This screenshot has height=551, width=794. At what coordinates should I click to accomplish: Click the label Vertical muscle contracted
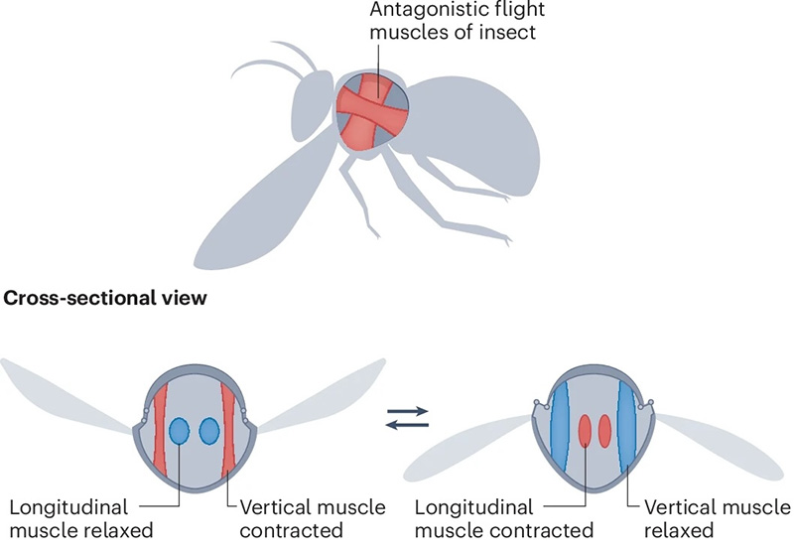tap(312, 519)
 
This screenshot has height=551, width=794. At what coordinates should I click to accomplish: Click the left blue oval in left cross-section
tap(180, 431)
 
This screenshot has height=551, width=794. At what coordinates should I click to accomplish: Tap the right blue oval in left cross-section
tap(209, 431)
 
